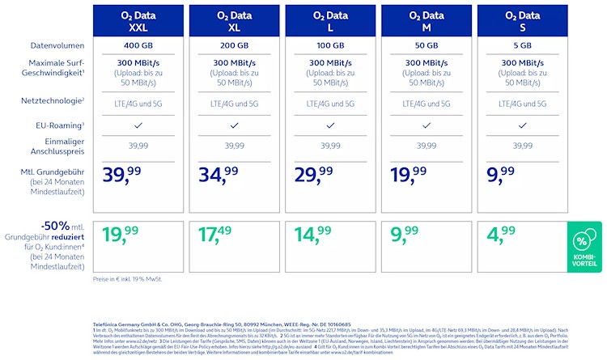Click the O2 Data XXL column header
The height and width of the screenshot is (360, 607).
(x=138, y=20)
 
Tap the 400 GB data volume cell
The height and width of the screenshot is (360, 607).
(x=138, y=45)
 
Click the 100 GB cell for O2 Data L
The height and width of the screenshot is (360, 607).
(x=329, y=45)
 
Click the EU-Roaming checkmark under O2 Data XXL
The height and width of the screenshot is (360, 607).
(x=138, y=125)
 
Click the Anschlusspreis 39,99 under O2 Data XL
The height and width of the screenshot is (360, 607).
(x=234, y=146)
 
